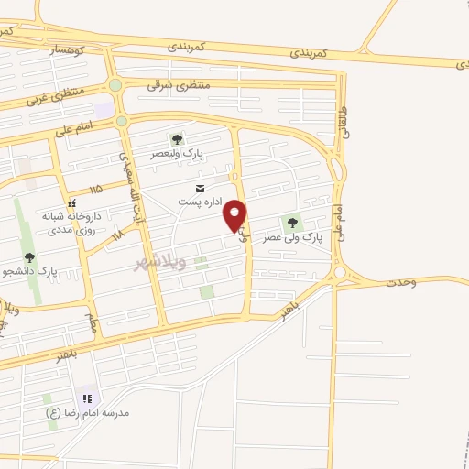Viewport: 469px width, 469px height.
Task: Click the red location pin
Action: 236,215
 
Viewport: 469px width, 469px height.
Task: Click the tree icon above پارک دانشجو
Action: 30,257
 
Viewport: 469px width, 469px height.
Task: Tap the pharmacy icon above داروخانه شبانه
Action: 71,203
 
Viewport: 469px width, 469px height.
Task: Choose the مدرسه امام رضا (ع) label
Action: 89,413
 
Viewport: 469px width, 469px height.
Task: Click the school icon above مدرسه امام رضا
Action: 87,398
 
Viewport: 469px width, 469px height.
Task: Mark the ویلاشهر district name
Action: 160,263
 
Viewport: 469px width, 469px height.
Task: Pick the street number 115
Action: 96,189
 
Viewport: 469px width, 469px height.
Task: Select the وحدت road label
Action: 400,281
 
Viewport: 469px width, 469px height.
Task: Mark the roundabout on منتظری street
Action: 115,85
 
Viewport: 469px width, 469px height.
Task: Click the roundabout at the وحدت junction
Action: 341,272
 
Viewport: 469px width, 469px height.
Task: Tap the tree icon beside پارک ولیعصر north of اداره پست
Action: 176,138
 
